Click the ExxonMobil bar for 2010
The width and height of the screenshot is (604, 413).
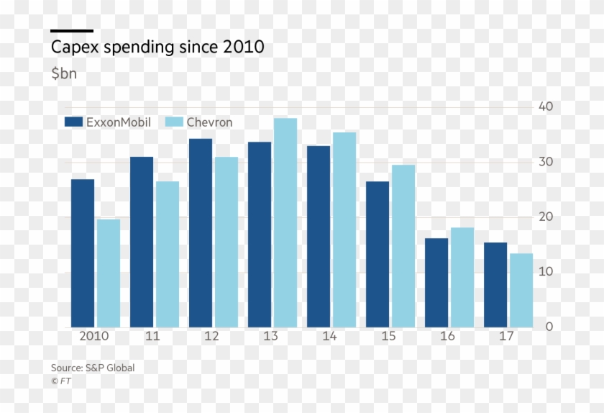pos(83,253)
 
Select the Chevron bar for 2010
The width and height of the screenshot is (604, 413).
pos(109,273)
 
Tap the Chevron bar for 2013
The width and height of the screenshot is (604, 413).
pos(285,223)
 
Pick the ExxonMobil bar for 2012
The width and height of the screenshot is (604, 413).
pos(201,233)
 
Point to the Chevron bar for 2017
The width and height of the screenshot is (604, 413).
pos(521,291)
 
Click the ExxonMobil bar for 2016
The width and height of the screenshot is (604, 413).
pos(436,283)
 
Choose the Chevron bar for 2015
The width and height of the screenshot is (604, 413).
pos(403,246)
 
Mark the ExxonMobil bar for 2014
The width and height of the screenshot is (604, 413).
pos(319,237)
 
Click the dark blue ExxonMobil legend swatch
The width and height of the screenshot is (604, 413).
pos(73,122)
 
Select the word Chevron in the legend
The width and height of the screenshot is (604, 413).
pos(210,122)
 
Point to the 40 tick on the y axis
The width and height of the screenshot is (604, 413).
pos(546,106)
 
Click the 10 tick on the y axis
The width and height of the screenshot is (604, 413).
pos(546,272)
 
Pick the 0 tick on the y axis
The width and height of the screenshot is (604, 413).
pos(549,327)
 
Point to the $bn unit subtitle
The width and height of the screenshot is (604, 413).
pos(64,73)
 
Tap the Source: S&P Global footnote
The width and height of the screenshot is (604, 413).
pos(93,368)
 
